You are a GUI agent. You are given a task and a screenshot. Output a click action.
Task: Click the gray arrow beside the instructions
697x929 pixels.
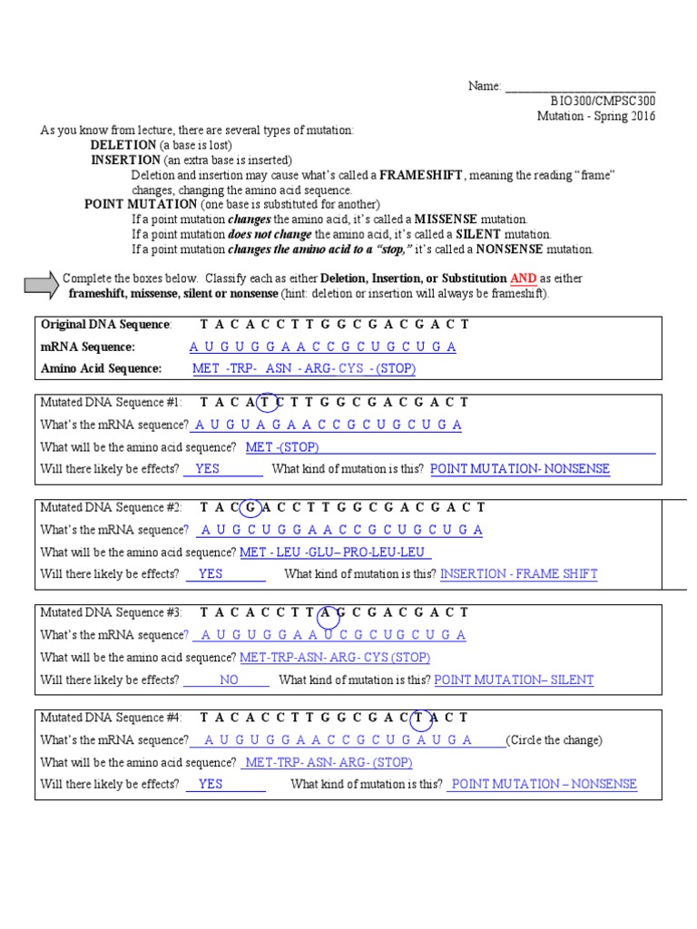(41, 286)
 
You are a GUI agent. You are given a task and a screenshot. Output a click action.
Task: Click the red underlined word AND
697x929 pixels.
(523, 279)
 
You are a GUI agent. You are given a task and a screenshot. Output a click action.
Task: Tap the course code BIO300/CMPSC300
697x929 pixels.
(604, 101)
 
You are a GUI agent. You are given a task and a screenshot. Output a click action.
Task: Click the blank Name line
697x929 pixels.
(580, 87)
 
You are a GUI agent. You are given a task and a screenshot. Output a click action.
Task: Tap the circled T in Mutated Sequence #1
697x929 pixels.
(265, 402)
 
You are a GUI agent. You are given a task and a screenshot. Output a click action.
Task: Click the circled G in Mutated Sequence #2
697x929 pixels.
(252, 507)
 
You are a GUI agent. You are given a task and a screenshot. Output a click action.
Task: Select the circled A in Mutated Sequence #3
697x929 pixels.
(329, 612)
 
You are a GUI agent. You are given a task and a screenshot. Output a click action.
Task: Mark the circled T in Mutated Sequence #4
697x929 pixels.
(420, 718)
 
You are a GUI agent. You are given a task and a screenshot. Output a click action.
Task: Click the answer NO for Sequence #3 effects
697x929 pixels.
(229, 680)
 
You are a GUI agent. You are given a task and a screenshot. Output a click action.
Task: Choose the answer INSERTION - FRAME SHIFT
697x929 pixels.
(519, 574)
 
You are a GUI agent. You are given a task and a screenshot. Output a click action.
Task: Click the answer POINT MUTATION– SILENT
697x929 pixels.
(514, 680)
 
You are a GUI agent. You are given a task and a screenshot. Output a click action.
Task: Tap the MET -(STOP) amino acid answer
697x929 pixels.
(282, 447)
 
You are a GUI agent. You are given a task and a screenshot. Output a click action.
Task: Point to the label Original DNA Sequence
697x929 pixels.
(105, 325)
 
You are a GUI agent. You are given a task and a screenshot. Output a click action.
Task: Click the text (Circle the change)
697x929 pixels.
(554, 740)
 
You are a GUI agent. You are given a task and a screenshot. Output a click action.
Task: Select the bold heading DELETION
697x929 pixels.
(123, 145)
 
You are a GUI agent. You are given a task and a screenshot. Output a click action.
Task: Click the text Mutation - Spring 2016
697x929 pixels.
(595, 116)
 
